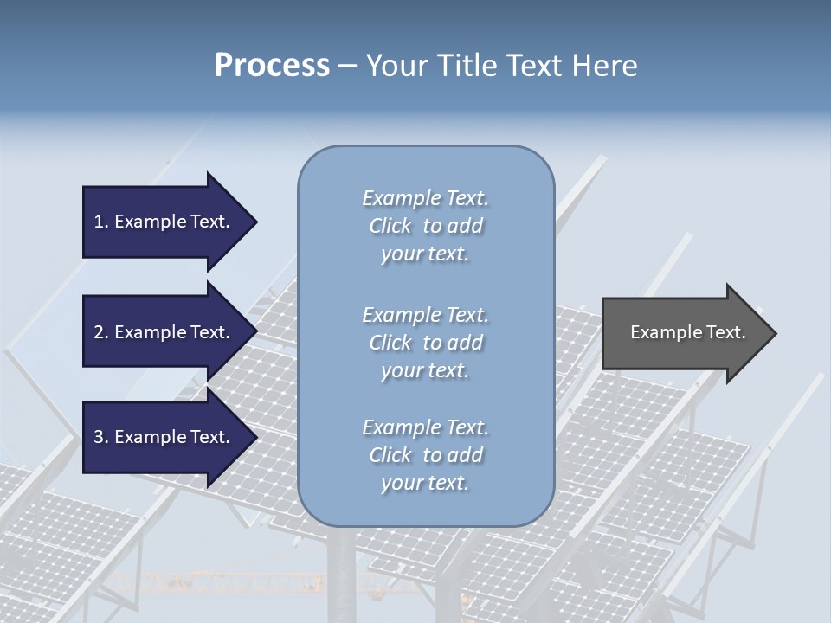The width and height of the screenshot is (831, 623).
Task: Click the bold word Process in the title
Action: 272,66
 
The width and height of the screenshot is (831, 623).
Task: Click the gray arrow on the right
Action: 684,333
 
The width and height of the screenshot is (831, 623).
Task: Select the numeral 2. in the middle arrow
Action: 101,332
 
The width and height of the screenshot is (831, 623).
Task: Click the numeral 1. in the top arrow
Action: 101,222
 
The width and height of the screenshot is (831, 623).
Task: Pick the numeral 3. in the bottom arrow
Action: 101,437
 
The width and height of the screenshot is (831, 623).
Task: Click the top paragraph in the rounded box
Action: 425,226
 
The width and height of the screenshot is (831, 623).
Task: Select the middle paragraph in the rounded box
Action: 425,343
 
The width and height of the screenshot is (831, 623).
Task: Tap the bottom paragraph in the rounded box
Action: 425,455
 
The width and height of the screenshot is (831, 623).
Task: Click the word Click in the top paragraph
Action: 390,226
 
